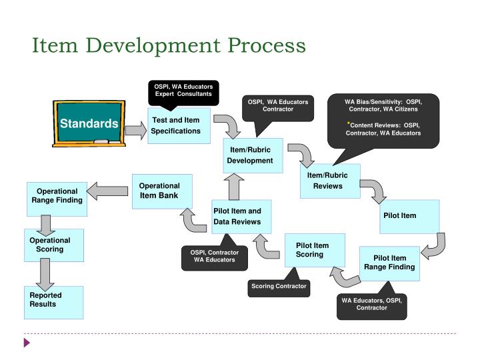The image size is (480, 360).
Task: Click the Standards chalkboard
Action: coord(89,124)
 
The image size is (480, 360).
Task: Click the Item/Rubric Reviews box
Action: coord(329,181)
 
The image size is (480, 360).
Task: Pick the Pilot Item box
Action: coord(409,216)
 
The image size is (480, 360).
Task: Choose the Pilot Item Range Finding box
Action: coord(389,263)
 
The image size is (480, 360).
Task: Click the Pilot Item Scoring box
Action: coord(315,250)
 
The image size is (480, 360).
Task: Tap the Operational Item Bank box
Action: coord(162,191)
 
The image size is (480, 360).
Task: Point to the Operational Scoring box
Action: coord(55,245)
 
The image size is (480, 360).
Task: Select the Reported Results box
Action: coord(54,301)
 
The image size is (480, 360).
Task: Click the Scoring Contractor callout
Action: coord(279,286)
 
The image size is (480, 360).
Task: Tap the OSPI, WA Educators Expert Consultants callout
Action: coord(183,91)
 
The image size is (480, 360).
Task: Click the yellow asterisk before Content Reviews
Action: coord(347,124)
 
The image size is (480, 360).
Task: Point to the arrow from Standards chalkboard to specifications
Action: coord(134,131)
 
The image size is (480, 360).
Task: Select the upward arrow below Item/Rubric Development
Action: coord(233,188)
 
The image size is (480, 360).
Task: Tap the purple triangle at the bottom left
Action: coord(27,344)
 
